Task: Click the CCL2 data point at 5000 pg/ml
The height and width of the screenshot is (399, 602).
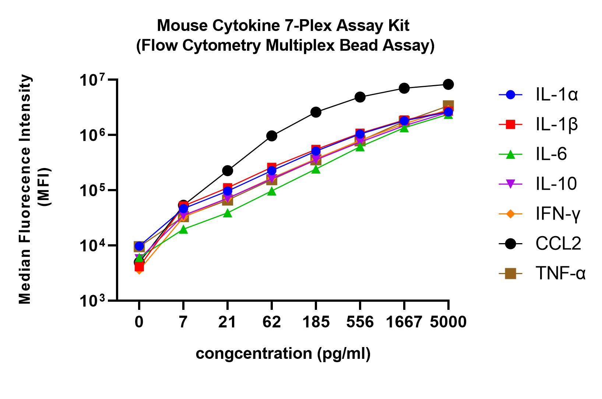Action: click(448, 84)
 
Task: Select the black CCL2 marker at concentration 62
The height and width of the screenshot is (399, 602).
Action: click(271, 136)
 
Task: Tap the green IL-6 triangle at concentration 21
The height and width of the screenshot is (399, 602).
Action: click(228, 213)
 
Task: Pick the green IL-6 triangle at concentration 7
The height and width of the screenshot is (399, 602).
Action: click(183, 230)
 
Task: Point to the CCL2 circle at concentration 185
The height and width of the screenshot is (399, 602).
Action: click(316, 112)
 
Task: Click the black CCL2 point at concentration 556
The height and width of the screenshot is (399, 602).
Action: click(360, 97)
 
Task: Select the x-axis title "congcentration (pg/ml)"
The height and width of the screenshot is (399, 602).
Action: click(283, 354)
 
